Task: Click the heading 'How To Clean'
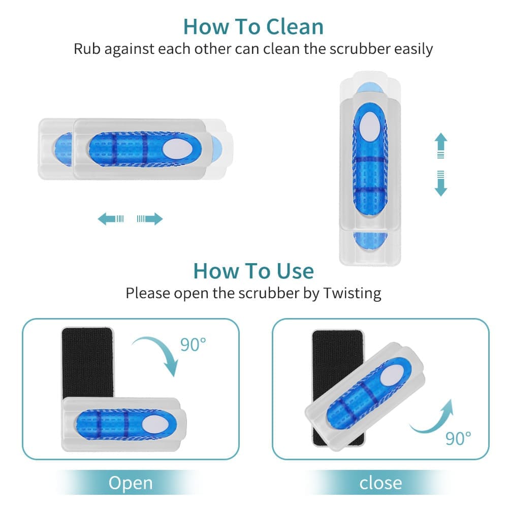click(253, 26)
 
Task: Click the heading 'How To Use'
click(253, 271)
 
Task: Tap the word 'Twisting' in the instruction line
click(352, 293)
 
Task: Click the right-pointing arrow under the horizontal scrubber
click(150, 219)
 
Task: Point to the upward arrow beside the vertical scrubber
click(440, 145)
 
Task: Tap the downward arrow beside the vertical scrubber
click(440, 183)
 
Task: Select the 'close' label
click(380, 482)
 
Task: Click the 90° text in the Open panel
click(193, 344)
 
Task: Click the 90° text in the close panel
click(458, 437)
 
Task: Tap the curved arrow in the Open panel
click(157, 356)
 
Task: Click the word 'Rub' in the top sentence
click(86, 49)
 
